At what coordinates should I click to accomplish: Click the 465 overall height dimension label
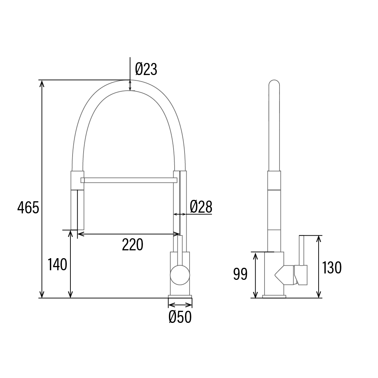[x=28, y=208]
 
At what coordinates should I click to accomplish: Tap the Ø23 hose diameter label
[x=146, y=69]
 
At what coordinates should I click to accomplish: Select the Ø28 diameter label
[x=201, y=207]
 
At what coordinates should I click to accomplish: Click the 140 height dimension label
[x=57, y=265]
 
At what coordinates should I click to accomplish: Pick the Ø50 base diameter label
[x=180, y=317]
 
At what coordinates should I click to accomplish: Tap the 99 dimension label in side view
[x=240, y=274]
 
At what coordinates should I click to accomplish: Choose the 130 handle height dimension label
[x=332, y=268]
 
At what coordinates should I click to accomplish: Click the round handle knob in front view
[x=180, y=275]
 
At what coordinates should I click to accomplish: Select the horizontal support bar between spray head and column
[x=129, y=180]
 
